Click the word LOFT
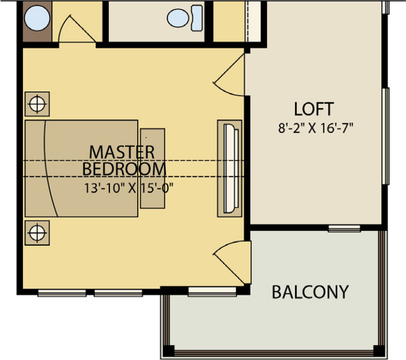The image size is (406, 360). [x=313, y=109]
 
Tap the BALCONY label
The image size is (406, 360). [x=310, y=292]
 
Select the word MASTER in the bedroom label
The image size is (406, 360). [x=122, y=152]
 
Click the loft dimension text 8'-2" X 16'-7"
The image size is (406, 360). [x=316, y=128]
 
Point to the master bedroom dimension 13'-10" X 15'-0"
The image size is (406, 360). [x=129, y=188]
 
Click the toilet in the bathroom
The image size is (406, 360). [x=185, y=18]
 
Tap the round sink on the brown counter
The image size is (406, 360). [x=37, y=18]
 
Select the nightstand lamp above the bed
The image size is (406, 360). [x=37, y=104]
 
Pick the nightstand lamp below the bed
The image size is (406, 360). [x=37, y=233]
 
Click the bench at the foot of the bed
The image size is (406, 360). [x=152, y=169]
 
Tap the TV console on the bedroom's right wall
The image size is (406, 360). [x=229, y=169]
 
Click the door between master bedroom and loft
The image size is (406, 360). [x=229, y=75]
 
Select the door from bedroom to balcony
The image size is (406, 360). [x=232, y=262]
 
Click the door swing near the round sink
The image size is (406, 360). [x=77, y=29]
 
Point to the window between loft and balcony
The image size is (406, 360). [x=344, y=229]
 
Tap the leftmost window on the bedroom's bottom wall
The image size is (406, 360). [x=62, y=293]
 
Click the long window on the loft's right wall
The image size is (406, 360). [x=386, y=136]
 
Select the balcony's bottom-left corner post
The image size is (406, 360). [x=168, y=351]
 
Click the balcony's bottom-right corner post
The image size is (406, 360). [x=379, y=351]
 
